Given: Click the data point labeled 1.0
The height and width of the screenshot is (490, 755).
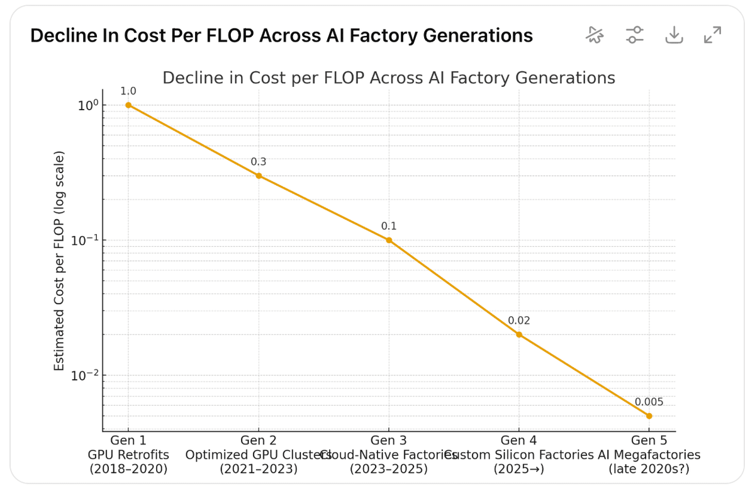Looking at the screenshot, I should point(128,105).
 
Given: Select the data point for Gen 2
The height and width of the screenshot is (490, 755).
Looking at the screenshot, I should point(259,176).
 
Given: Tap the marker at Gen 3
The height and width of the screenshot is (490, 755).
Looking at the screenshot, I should point(389,240).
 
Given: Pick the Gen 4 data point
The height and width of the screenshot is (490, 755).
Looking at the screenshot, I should point(519,334).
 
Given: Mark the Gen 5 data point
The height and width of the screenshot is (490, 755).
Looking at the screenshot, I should point(649,416).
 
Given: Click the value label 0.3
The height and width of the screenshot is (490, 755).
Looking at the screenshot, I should point(259,162).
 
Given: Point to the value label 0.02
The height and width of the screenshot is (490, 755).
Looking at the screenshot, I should point(519,321).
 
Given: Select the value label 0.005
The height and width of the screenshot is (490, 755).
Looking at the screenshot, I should point(649,402).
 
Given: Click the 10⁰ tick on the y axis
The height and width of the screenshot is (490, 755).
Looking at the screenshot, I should point(87,105).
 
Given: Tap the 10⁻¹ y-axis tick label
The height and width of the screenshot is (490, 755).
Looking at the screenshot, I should point(85,241).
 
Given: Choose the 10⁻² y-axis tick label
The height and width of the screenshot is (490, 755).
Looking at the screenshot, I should point(85,376).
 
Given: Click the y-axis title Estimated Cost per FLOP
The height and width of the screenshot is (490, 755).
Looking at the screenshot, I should point(59,260).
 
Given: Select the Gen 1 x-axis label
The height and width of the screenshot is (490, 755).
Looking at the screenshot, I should point(128,440).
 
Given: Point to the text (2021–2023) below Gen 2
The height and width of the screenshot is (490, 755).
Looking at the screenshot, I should point(259,469).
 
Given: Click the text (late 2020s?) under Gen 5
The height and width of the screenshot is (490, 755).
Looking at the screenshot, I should point(649,469).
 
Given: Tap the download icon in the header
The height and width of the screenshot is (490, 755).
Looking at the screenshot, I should point(674,35).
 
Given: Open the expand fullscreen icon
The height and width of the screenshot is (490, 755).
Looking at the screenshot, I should point(712,35).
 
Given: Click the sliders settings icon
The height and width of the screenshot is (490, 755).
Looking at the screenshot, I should point(635,35).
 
